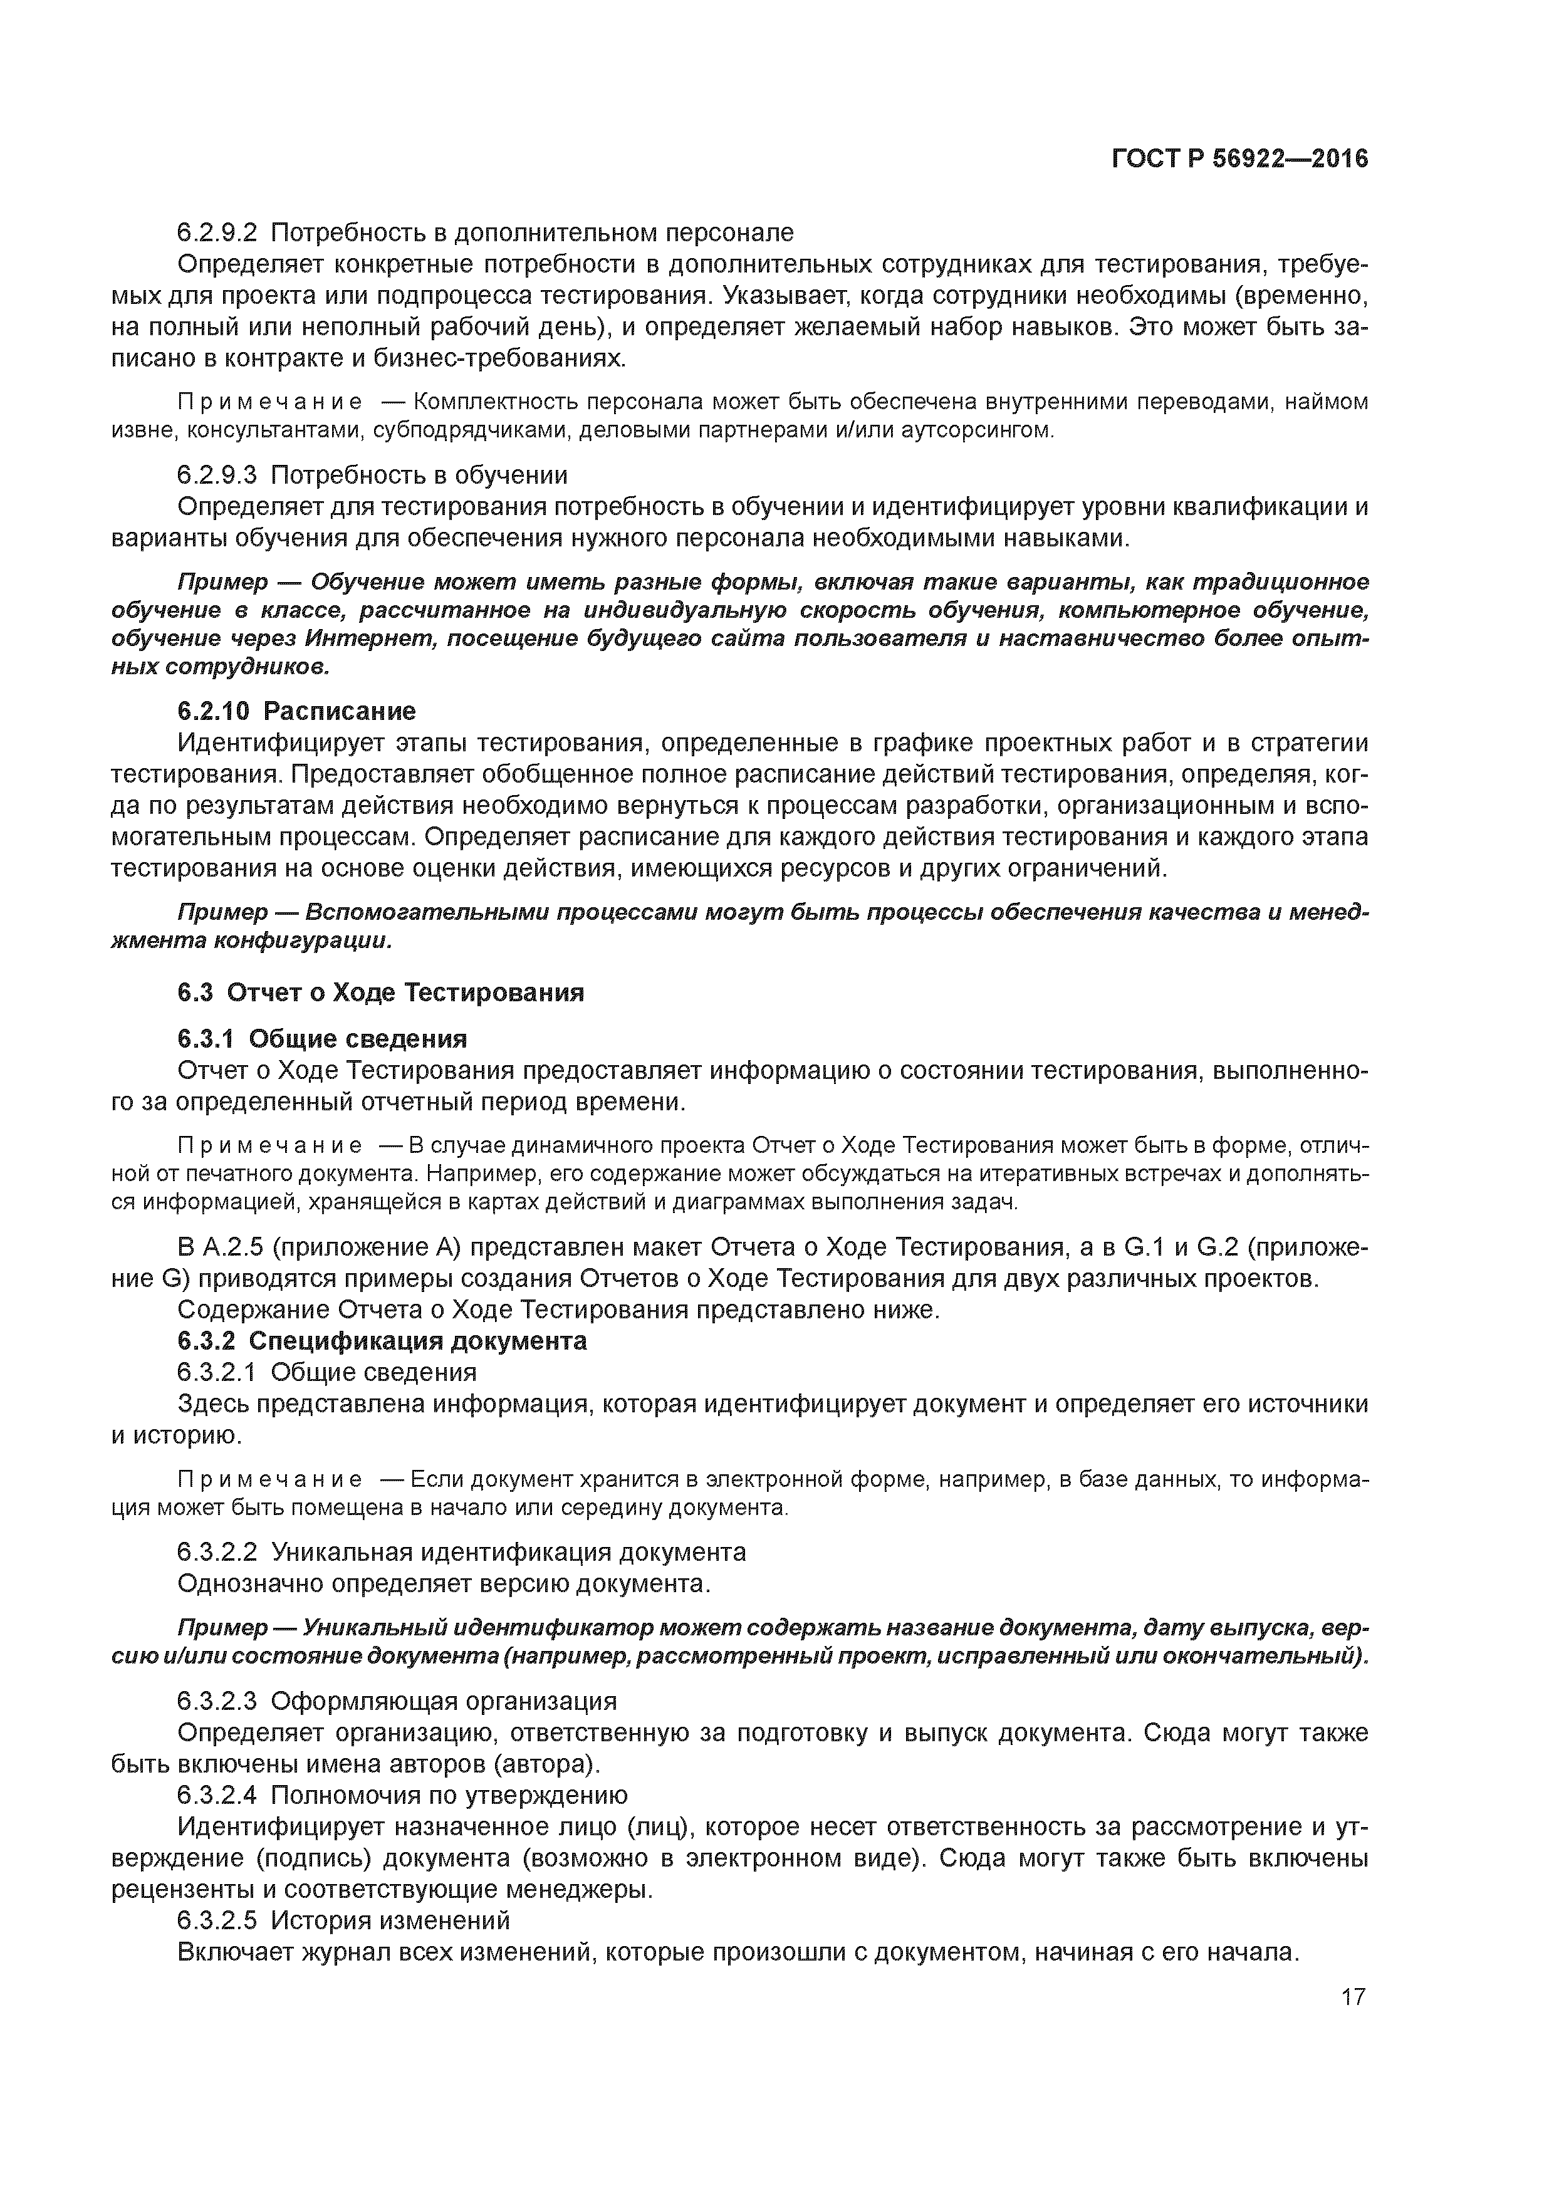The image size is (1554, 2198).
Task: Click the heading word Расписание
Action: [x=340, y=711]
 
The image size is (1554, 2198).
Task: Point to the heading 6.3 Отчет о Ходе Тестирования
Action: [x=380, y=992]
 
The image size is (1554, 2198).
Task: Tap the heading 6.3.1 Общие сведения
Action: [x=321, y=1039]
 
